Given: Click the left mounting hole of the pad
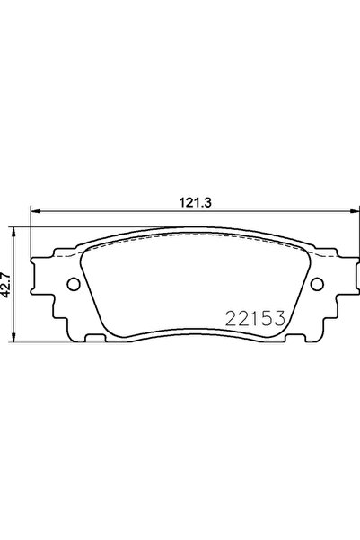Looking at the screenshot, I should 72,285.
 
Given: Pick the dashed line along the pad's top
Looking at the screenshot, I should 194,241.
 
